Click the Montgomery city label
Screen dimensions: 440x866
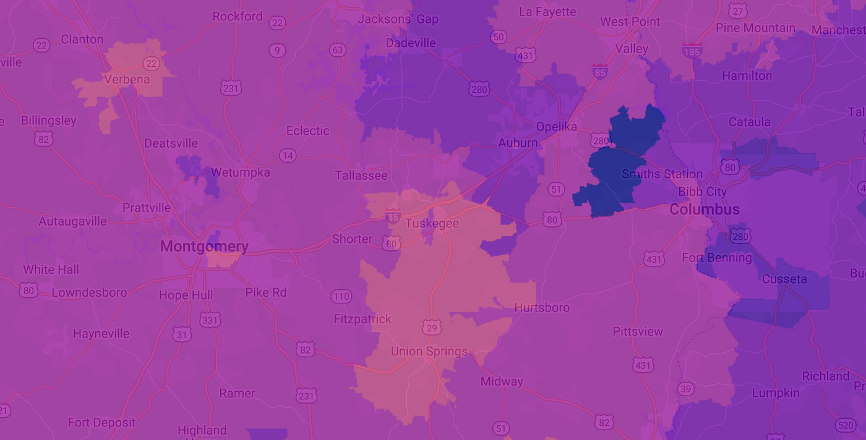[x=204, y=247]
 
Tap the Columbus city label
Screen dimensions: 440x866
[x=705, y=209]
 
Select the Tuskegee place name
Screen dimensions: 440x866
[x=432, y=223]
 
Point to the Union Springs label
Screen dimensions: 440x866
[x=429, y=352]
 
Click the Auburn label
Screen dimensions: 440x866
[x=518, y=143]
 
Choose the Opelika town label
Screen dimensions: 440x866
[x=556, y=127]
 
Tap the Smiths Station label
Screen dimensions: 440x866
[x=662, y=174]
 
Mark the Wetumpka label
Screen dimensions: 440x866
[x=240, y=172]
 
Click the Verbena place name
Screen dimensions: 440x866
[x=127, y=79]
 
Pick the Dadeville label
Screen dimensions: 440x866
[x=411, y=43]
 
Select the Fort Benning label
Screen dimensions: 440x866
[x=717, y=258]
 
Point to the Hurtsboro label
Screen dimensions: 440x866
[x=542, y=308]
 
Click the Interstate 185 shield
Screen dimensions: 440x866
[x=692, y=51]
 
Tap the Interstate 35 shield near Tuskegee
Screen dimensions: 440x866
[x=393, y=216]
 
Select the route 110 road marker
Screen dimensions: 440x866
[x=341, y=297]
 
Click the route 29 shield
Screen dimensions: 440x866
[x=432, y=326]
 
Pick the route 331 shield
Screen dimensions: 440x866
[x=210, y=319]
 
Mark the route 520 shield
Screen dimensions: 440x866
[x=845, y=425]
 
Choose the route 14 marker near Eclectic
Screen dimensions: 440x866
[x=287, y=155]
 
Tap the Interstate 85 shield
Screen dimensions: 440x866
[x=599, y=72]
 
